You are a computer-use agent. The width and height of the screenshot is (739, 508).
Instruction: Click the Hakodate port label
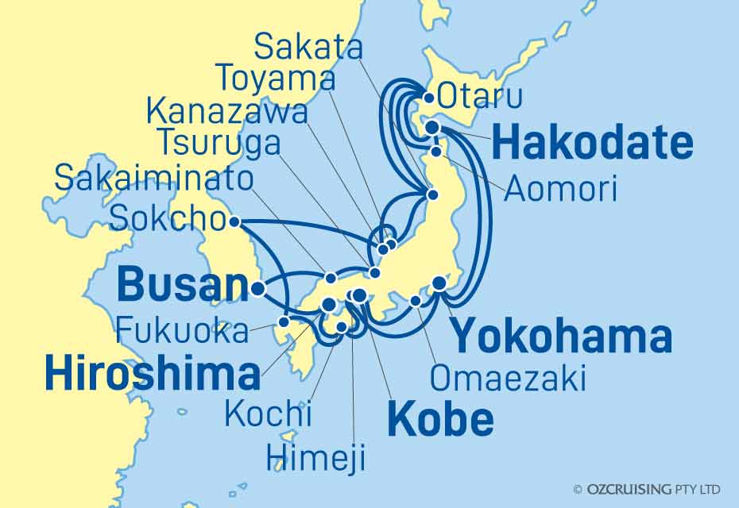click(592, 144)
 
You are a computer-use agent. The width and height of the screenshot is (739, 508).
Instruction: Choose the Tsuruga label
click(219, 144)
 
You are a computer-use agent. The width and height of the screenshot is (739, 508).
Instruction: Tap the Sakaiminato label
click(154, 179)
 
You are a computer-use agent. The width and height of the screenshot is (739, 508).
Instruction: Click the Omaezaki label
click(508, 379)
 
